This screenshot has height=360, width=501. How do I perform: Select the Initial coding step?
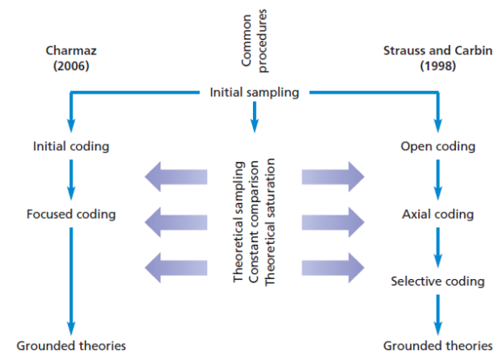pyautogui.click(x=71, y=147)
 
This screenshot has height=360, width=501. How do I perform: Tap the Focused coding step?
pyautogui.click(x=71, y=215)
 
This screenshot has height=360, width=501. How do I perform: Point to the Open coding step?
pyautogui.click(x=438, y=147)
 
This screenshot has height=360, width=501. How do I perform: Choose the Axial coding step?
pyautogui.click(x=438, y=215)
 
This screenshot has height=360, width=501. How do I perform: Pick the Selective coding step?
pyautogui.click(x=438, y=281)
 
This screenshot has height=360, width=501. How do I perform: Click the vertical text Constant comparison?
pyautogui.click(x=254, y=226)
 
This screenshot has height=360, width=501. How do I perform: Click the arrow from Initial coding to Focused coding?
pyautogui.click(x=71, y=180)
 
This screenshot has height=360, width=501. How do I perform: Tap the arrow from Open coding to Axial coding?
pyautogui.click(x=438, y=180)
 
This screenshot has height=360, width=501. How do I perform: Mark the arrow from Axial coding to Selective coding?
pyautogui.click(x=438, y=248)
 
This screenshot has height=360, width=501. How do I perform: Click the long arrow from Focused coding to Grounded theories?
pyautogui.click(x=71, y=280)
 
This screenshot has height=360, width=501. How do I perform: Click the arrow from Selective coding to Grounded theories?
pyautogui.click(x=438, y=312)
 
